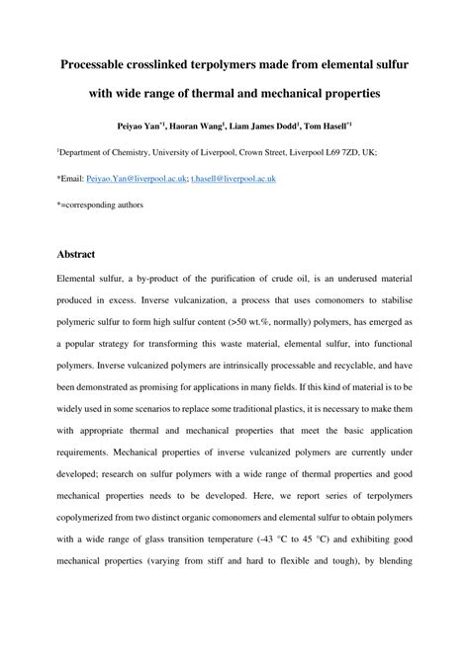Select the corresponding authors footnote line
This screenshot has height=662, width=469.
click(99, 204)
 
